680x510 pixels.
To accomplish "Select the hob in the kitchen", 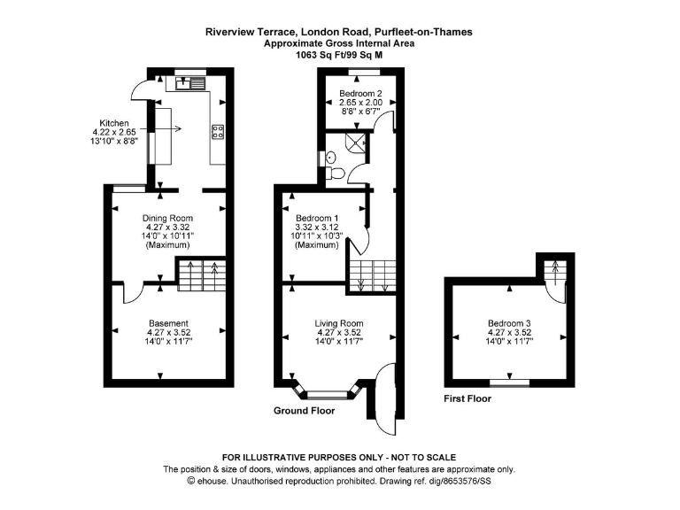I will (217, 133).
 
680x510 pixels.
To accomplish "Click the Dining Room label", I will (168, 218).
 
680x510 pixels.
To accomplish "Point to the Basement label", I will (168, 323).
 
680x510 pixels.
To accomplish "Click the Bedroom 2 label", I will (359, 91).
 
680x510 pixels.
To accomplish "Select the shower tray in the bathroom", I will (357, 144).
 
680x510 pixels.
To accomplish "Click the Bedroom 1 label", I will (316, 218).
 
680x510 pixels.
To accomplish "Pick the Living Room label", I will (339, 323).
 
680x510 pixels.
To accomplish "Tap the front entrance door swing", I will (382, 393).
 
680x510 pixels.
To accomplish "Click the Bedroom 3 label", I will (509, 323).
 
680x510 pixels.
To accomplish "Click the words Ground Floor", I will (304, 411).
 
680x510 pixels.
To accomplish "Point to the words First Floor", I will (467, 399).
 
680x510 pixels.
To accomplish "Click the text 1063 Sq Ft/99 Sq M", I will (339, 54).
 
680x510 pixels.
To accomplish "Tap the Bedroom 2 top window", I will (361, 70).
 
